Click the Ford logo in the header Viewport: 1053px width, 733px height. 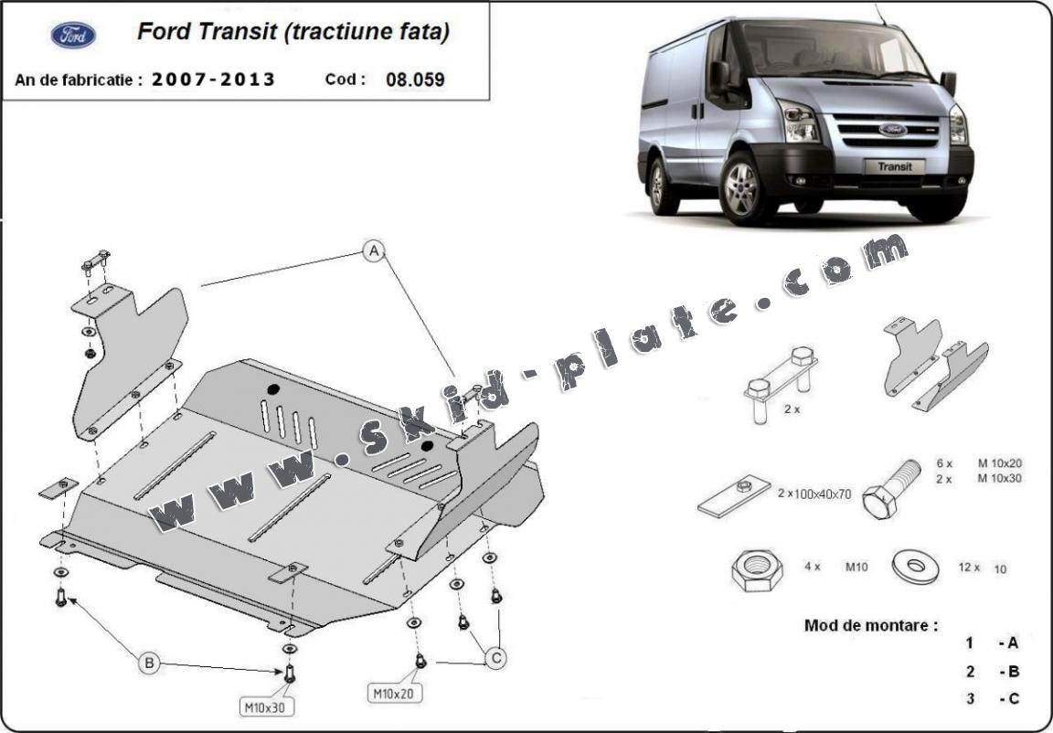point(73,35)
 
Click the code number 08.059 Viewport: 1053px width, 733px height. point(415,79)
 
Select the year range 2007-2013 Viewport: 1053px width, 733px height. point(213,79)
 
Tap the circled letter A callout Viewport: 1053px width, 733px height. point(373,250)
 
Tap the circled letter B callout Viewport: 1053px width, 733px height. point(149,663)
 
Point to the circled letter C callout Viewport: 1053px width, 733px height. point(496,656)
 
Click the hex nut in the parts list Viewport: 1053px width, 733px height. point(755,570)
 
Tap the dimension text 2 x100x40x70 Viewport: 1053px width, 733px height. point(814,494)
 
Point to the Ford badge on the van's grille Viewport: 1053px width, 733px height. point(892,129)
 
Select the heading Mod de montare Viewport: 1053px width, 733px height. point(870,625)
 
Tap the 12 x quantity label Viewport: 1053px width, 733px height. point(969,568)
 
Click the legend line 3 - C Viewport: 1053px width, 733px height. point(992,699)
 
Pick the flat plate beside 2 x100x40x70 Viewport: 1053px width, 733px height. point(733,495)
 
